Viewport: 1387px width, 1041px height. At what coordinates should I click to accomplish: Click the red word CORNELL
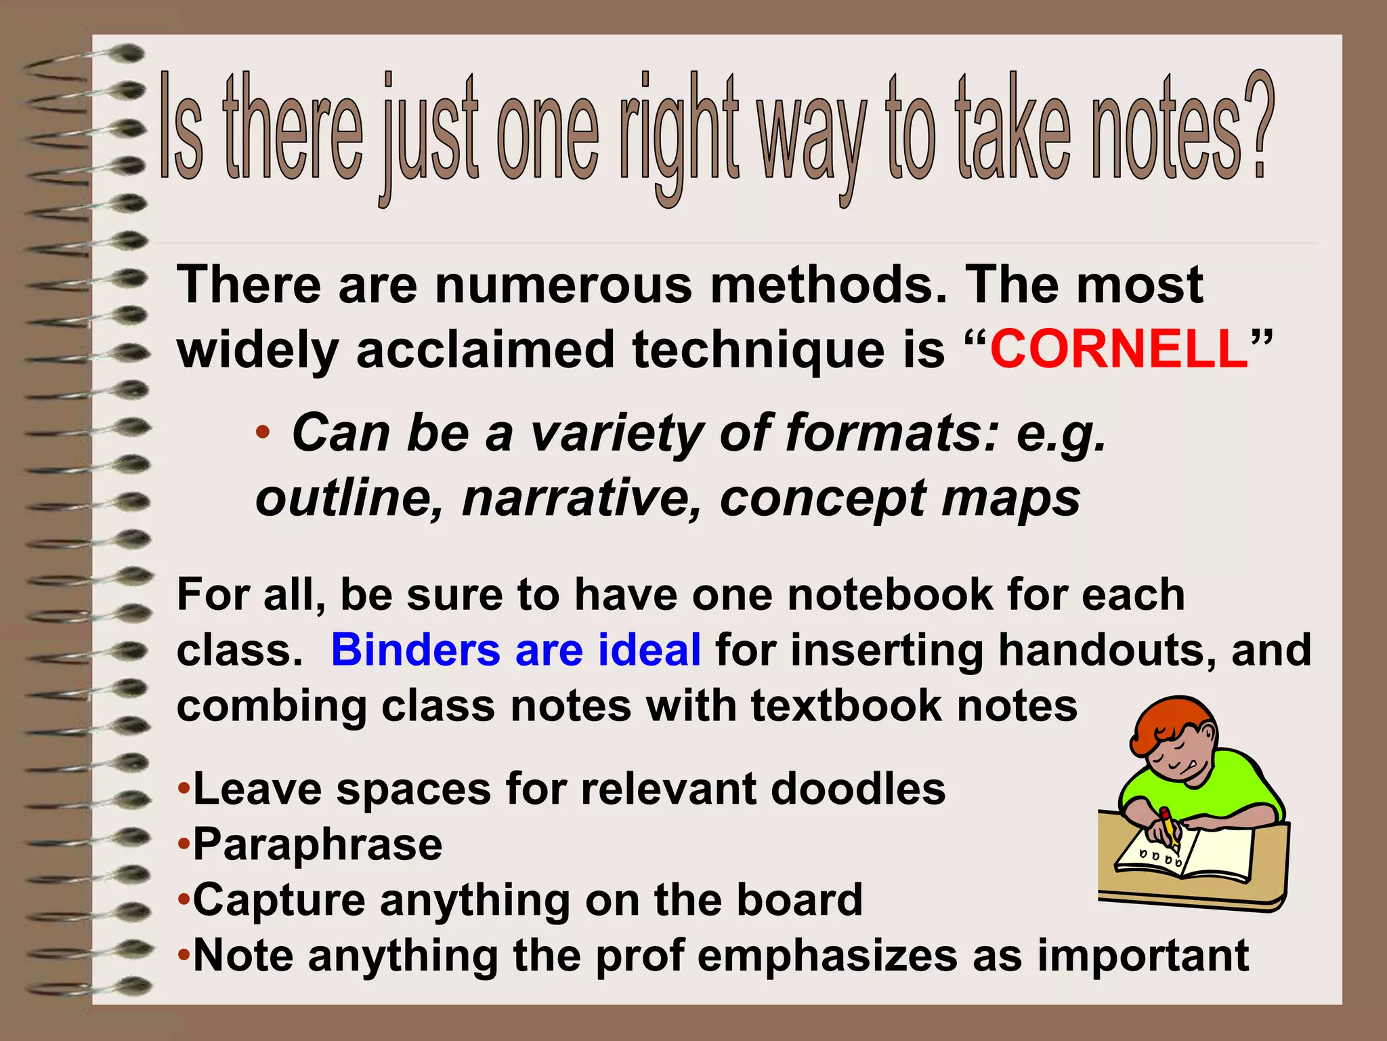[x=1119, y=350]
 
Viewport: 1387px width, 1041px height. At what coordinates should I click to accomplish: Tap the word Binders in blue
[x=415, y=649]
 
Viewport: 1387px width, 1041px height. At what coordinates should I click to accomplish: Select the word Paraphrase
[x=318, y=844]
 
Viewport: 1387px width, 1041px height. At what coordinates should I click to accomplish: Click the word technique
[x=754, y=350]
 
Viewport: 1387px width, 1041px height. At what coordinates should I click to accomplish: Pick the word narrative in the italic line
[x=582, y=498]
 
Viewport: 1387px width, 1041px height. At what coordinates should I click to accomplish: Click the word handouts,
[x=1107, y=649]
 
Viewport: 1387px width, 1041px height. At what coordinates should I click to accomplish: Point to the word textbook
[x=846, y=706]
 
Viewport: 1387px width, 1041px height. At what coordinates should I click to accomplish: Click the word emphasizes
[x=827, y=956]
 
